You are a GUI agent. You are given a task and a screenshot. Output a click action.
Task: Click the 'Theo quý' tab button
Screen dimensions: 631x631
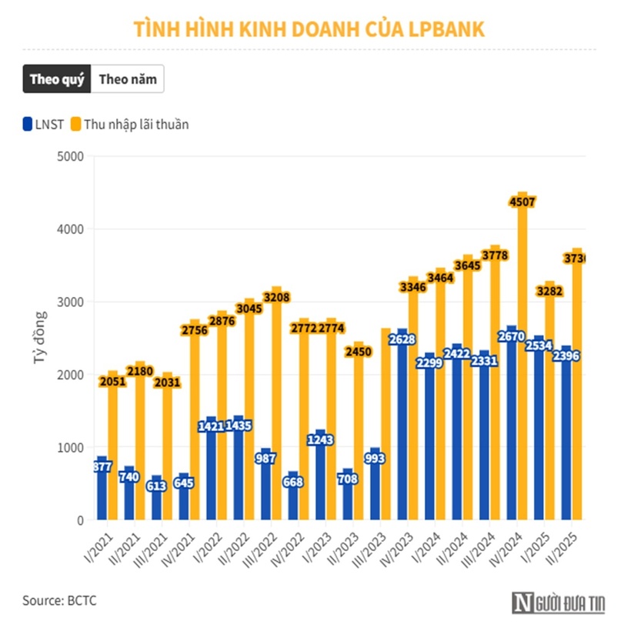click(x=56, y=79)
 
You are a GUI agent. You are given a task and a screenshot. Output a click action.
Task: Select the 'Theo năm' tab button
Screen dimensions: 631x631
click(x=127, y=79)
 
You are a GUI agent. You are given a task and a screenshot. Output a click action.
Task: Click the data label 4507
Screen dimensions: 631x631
click(x=522, y=202)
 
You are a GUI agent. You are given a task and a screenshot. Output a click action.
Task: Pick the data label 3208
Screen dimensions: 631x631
click(x=277, y=297)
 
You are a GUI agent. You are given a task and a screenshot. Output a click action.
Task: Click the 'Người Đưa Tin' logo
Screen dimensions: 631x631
click(x=561, y=604)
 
